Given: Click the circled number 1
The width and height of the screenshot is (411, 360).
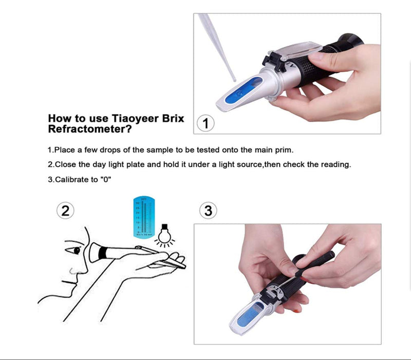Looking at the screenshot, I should tap(206, 124).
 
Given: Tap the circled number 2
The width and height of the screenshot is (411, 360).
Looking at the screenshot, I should tap(65, 210).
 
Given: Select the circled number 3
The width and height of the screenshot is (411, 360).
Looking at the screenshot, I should tap(208, 210).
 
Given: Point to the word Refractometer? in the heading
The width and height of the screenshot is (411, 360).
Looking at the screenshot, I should tap(86, 129).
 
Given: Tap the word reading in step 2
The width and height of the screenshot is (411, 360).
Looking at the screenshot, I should tap(337, 165).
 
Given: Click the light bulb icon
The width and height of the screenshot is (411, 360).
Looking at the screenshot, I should tap(164, 234).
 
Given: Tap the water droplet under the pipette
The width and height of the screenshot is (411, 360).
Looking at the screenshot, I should tap(234, 80).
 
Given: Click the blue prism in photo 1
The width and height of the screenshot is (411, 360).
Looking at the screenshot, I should tap(237, 93).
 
